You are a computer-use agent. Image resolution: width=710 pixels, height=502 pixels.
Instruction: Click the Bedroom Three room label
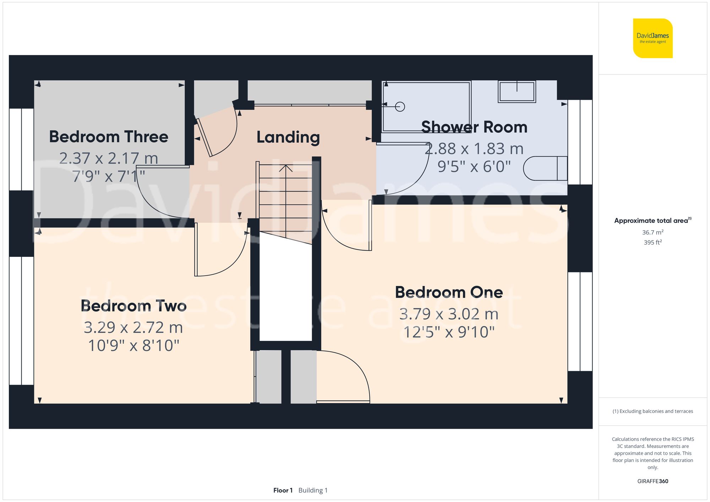point(109,137)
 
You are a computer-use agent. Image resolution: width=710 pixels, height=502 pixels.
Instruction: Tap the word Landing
point(288,137)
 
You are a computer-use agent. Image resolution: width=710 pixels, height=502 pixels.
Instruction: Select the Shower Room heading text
point(474,127)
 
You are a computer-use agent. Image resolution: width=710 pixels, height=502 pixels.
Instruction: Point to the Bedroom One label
point(449,292)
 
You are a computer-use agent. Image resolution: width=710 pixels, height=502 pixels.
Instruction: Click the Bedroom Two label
point(133,306)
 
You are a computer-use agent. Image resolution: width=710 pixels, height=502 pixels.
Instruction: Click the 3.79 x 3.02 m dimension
point(449,314)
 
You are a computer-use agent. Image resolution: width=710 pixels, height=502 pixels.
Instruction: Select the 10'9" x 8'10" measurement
point(133,346)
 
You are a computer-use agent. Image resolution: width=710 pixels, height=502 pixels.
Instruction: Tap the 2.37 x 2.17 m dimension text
point(109,158)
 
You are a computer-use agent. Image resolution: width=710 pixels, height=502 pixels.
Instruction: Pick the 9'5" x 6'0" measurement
point(474,166)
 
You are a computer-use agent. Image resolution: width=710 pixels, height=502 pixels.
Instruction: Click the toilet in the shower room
point(545,169)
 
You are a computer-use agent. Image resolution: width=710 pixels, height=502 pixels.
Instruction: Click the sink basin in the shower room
point(517,92)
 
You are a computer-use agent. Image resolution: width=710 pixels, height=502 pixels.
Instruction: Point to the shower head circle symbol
point(400,106)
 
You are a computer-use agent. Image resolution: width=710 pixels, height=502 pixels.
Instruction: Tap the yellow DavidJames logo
point(652,38)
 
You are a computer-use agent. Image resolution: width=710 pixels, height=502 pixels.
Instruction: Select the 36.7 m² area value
point(652,232)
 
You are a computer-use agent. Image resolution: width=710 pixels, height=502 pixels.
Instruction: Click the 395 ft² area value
point(652,243)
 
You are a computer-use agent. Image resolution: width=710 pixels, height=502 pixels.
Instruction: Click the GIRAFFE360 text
point(652,481)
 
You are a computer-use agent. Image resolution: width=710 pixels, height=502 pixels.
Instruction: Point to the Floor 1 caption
point(283,490)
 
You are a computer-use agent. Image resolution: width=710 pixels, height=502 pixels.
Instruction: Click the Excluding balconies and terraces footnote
point(652,411)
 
